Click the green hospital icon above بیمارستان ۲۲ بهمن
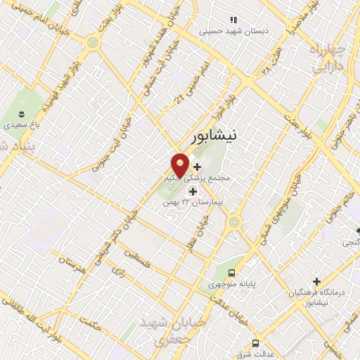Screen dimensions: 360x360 pyautogui.click(x=192, y=191)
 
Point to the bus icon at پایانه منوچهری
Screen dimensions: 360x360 pyautogui.click(x=232, y=274)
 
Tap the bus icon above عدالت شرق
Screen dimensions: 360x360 pyautogui.click(x=255, y=343)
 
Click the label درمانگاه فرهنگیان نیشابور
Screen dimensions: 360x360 pyautogui.click(x=319, y=296)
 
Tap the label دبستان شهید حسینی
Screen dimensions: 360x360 pyautogui.click(x=224, y=31)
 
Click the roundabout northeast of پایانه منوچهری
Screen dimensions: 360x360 pyautogui.click(x=234, y=224)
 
